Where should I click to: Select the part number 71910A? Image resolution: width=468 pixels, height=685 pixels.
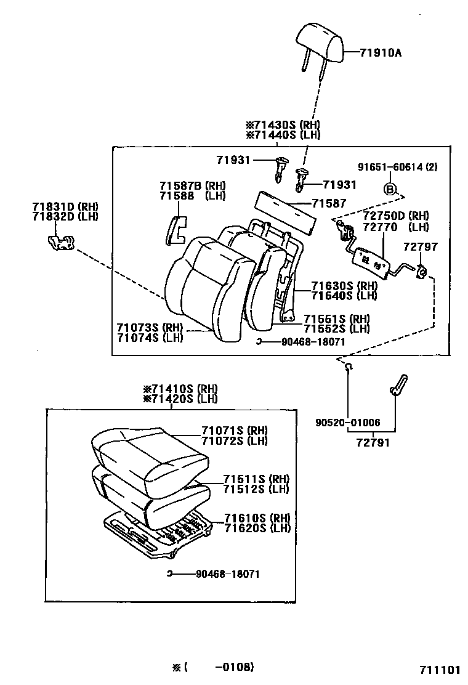(381, 53)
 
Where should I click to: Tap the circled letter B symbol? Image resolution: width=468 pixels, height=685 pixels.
(390, 189)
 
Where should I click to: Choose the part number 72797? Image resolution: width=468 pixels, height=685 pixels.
(420, 247)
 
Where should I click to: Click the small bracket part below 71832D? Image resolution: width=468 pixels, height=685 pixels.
(60, 242)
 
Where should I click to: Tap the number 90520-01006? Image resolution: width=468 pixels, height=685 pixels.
(347, 423)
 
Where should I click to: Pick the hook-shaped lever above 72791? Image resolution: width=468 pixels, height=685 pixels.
(397, 385)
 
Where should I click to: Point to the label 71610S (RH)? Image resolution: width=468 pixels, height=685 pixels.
(257, 517)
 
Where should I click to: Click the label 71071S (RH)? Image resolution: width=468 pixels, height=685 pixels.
(235, 431)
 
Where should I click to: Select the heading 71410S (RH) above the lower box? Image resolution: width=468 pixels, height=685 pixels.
(180, 389)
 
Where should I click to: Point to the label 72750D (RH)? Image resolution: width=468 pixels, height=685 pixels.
(395, 216)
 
